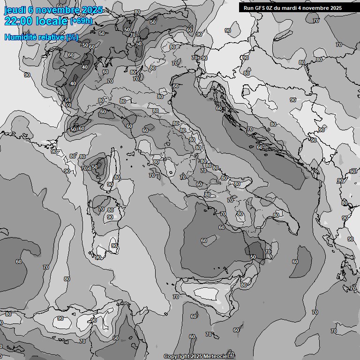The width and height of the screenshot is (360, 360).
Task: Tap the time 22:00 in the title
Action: pyautogui.click(x=18, y=22)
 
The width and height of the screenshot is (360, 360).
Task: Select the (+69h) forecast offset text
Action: pyautogui.click(x=81, y=22)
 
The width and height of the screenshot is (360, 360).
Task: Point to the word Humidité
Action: pyautogui.click(x=19, y=37)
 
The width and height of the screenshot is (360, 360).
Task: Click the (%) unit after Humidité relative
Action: pyautogui.click(x=72, y=37)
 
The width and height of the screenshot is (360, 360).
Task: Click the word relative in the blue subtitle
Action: pyautogui.click(x=50, y=37)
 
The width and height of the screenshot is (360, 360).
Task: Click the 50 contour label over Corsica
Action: pyautogui.click(x=95, y=167)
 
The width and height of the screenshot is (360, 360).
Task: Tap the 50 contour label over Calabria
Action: pyautogui.click(x=253, y=257)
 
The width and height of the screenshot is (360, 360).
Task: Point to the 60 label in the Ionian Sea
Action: pyautogui.click(x=295, y=262)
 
